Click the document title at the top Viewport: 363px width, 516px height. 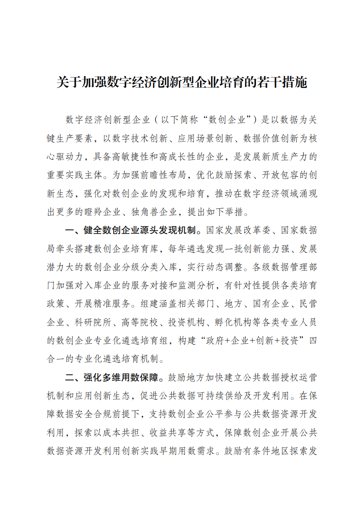[181, 82]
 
